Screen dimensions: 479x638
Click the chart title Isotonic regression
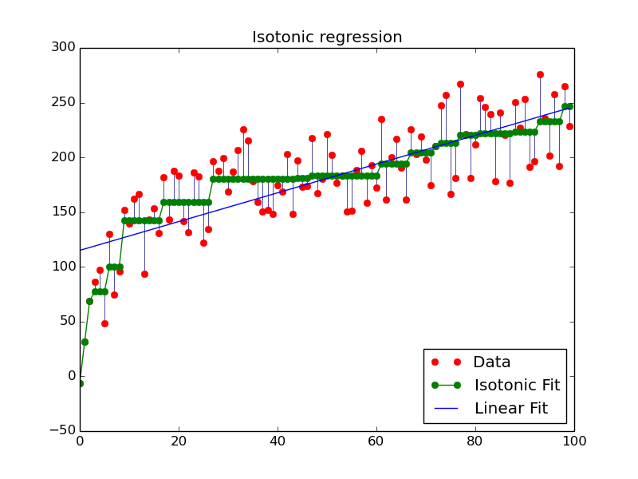pyautogui.click(x=327, y=38)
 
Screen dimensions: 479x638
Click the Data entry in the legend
pyautogui.click(x=491, y=362)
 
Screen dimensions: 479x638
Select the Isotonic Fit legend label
pyautogui.click(x=517, y=386)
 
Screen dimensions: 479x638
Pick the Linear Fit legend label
pyautogui.click(x=510, y=409)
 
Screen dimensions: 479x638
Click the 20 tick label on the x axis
pyautogui.click(x=179, y=441)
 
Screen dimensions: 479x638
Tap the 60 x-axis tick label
pyautogui.click(x=376, y=441)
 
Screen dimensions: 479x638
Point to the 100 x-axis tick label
pyautogui.click(x=574, y=441)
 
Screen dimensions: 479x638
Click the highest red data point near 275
pyautogui.click(x=540, y=74)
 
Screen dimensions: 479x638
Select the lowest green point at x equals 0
pyautogui.click(x=80, y=383)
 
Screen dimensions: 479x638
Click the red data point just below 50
pyautogui.click(x=104, y=323)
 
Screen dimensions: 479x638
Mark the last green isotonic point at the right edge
pyautogui.click(x=569, y=106)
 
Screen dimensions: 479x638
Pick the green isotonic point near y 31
pyautogui.click(x=85, y=342)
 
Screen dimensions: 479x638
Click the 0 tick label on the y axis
pyautogui.click(x=70, y=376)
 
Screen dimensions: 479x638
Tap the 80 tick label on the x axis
pyautogui.click(x=475, y=441)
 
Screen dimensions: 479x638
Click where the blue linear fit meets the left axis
pyautogui.click(x=81, y=250)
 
